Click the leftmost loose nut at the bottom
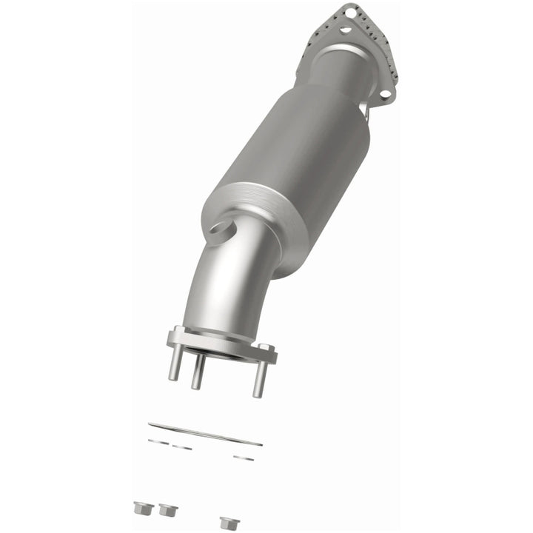point(144,509)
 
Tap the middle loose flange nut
point(168,510)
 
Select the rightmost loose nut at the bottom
point(229,523)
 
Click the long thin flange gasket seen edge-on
point(205,434)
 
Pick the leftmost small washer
point(157,442)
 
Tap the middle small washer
point(182,447)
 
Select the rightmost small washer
point(244,458)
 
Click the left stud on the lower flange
point(175,364)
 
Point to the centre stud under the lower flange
point(198,374)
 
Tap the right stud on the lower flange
point(260,379)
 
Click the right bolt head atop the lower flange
point(265,349)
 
